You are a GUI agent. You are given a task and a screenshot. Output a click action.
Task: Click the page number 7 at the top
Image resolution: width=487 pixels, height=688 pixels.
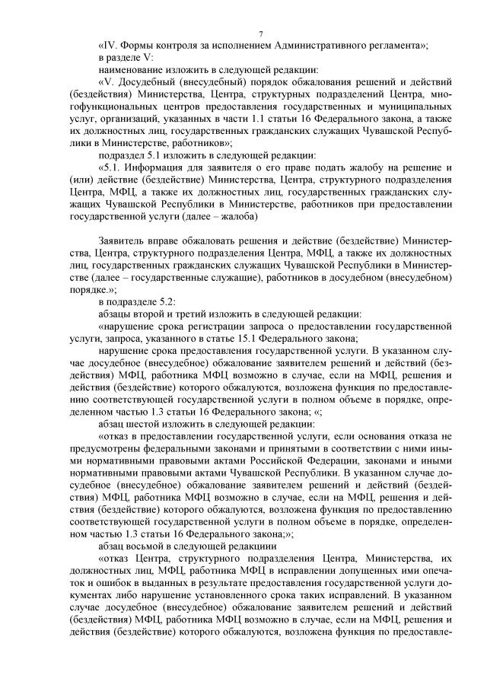tap(260, 34)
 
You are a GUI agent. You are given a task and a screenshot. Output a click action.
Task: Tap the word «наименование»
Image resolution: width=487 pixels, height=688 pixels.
tap(132, 69)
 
